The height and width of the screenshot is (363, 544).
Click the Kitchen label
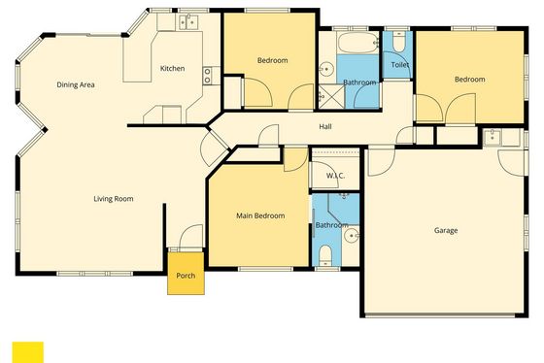click(x=172, y=68)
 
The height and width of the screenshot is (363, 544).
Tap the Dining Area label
click(x=76, y=84)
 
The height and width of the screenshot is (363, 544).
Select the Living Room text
click(x=114, y=199)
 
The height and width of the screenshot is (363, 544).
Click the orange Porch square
click(x=186, y=274)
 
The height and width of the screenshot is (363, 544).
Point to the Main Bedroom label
click(x=260, y=215)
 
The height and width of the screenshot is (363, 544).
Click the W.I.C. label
click(x=335, y=176)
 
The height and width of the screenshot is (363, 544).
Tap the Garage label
click(x=446, y=230)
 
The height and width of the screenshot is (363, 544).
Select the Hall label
click(x=325, y=126)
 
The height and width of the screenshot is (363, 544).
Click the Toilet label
click(x=400, y=65)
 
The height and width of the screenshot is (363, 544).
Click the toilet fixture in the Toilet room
click(x=399, y=42)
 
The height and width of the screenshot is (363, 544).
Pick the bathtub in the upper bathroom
click(x=357, y=43)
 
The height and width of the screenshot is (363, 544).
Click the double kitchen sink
click(x=188, y=22)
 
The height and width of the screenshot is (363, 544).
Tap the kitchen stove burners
click(x=207, y=76)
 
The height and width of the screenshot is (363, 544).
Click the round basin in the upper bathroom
click(x=326, y=69)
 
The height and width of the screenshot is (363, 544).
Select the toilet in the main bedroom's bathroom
click(x=325, y=255)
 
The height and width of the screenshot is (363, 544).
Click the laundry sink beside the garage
click(x=493, y=137)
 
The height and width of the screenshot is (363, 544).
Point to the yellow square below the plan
click(x=28, y=352)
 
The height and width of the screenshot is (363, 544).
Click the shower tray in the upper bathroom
click(x=331, y=96)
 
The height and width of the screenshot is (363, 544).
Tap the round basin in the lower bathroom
click(x=351, y=236)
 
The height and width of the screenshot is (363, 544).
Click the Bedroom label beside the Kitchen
click(x=272, y=60)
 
